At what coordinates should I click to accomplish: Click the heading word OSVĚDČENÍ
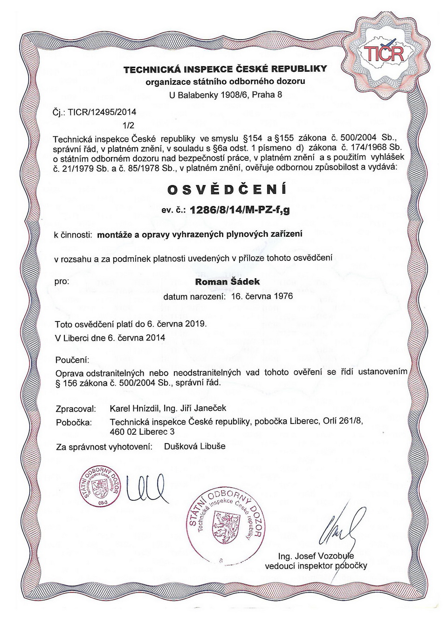click(227, 190)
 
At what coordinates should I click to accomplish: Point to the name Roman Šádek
click(227, 281)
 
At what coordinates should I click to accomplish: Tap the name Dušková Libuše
click(194, 446)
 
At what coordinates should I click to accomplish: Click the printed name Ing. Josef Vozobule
click(316, 556)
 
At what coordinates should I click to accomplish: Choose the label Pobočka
click(74, 423)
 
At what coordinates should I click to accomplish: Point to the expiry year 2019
click(196, 323)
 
